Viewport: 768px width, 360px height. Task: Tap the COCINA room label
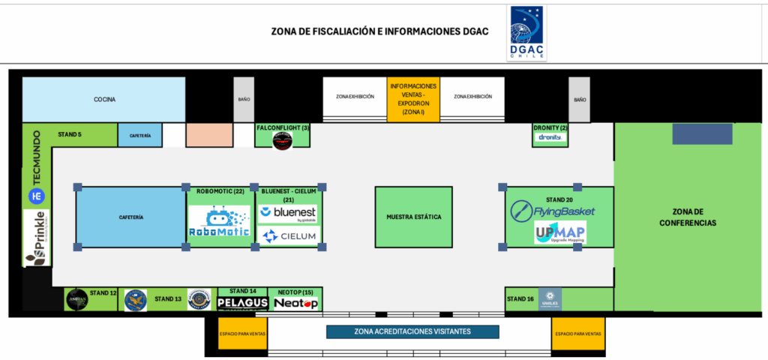tap(104, 99)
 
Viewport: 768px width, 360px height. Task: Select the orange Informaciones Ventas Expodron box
tap(413, 99)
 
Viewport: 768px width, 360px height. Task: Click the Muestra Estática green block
tap(413, 217)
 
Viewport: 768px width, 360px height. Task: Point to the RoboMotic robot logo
tap(218, 222)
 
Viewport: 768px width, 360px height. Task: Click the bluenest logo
tap(288, 214)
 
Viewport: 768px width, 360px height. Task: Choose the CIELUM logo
tap(289, 236)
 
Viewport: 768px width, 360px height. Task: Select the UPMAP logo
tap(560, 233)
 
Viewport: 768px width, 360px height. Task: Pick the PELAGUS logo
tap(242, 303)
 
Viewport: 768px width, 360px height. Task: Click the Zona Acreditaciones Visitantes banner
tap(412, 331)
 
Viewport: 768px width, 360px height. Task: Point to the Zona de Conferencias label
tap(689, 217)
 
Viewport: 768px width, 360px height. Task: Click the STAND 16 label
tap(520, 299)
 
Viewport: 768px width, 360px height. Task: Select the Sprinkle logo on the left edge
tap(36, 238)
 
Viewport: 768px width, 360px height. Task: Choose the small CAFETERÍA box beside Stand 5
tap(139, 135)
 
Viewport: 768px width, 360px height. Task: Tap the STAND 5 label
tap(69, 134)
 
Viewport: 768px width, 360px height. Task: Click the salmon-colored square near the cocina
tap(209, 135)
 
